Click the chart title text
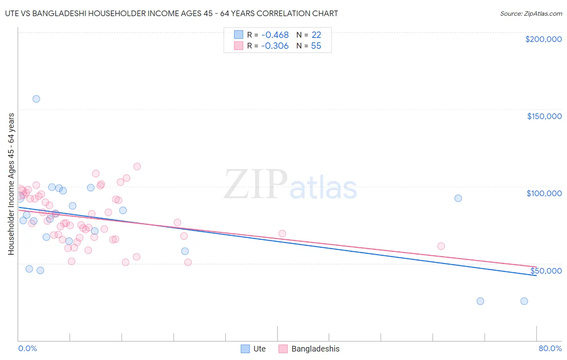click(x=171, y=13)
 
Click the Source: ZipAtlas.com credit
click(x=531, y=14)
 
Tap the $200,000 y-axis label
click(x=543, y=39)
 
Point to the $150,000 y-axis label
click(x=544, y=116)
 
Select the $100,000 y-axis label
click(x=544, y=193)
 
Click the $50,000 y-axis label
click(x=546, y=270)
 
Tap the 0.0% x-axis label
click(x=27, y=348)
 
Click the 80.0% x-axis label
click(x=550, y=348)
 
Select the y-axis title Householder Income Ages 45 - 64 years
click(x=11, y=184)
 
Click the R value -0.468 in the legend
click(x=275, y=35)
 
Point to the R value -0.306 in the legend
click(x=275, y=46)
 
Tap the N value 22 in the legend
click(x=316, y=35)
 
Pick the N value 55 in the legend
click(x=316, y=46)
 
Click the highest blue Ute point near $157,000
click(x=36, y=99)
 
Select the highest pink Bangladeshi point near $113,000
click(x=137, y=166)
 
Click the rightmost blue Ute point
click(x=524, y=301)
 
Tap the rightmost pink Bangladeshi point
click(x=441, y=246)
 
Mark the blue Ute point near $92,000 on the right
click(x=458, y=198)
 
